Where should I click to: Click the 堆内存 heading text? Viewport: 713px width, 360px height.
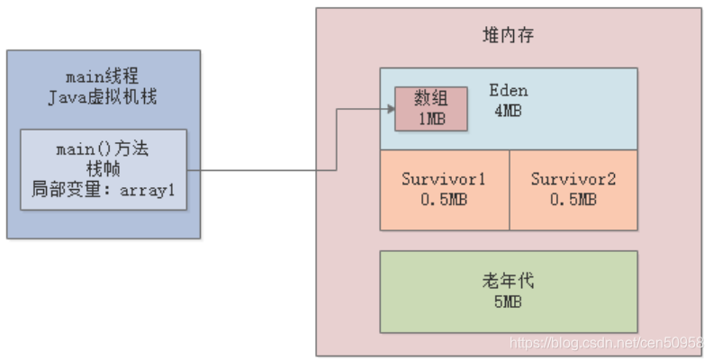tap(509, 35)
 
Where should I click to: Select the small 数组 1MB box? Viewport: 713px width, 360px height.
tap(430, 109)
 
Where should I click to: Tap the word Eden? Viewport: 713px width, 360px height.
tap(509, 91)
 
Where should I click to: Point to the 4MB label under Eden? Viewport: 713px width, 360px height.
tap(509, 111)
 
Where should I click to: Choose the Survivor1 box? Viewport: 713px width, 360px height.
tap(444, 189)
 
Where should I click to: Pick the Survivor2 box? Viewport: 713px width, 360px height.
tap(573, 189)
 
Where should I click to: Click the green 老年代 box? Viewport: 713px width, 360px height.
tap(509, 292)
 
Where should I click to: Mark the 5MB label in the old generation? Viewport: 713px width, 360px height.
tap(509, 302)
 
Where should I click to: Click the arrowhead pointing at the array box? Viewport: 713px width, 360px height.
tap(389, 109)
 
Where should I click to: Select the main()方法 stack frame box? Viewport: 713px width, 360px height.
tap(104, 169)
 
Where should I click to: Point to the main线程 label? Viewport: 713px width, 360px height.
tap(104, 76)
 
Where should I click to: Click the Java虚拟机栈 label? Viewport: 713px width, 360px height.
tap(104, 96)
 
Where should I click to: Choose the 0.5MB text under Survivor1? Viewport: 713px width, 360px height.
tap(444, 200)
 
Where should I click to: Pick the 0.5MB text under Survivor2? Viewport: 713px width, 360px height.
tap(573, 200)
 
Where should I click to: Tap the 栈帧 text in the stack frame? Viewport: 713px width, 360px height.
tap(104, 169)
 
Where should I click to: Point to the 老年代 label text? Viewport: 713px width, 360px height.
tap(509, 281)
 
